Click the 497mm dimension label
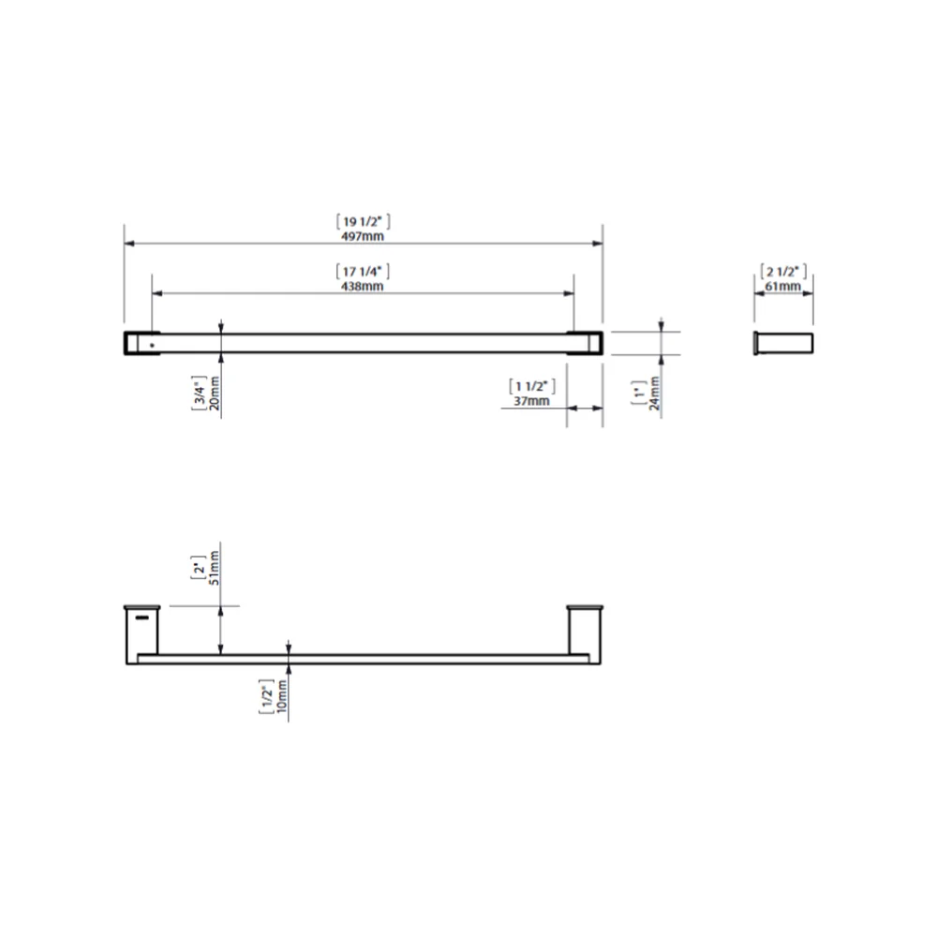[x=362, y=236]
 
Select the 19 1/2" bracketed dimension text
[x=363, y=222]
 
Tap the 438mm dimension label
[x=362, y=286]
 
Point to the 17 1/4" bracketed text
[x=363, y=272]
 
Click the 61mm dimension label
[x=782, y=286]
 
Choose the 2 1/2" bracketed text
[x=782, y=272]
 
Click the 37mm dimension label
[x=531, y=401]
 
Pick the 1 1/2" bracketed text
[x=532, y=387]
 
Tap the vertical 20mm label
[x=215, y=394]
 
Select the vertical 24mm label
[x=654, y=394]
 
